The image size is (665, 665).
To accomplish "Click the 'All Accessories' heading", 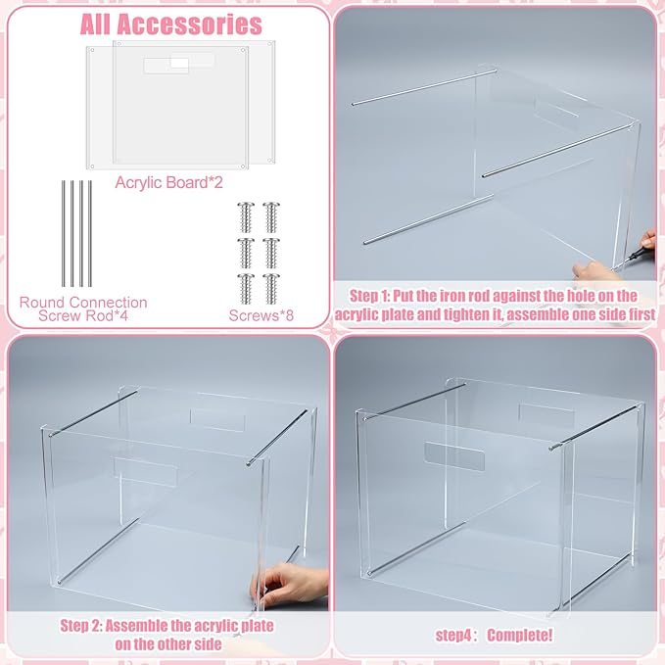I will coord(170,24).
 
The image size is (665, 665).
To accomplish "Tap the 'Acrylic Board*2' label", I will coord(169,182).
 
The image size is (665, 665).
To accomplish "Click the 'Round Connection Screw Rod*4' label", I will coord(83,309).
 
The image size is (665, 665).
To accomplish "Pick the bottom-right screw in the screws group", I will coord(272,286).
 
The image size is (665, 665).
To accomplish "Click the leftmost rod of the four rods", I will coord(62,233).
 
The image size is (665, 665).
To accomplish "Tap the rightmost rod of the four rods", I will coord(91,233).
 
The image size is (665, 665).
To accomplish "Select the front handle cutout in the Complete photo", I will coord(454,455).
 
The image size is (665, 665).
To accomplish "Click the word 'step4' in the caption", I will coord(455,636).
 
